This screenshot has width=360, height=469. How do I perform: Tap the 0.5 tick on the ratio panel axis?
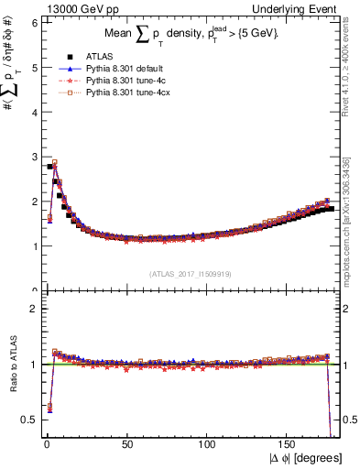(x=28, y=420)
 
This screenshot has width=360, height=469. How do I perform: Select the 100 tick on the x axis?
(x=207, y=442)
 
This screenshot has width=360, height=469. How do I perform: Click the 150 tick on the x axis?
(x=289, y=442)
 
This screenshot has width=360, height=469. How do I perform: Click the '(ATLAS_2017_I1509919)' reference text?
(x=191, y=273)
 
